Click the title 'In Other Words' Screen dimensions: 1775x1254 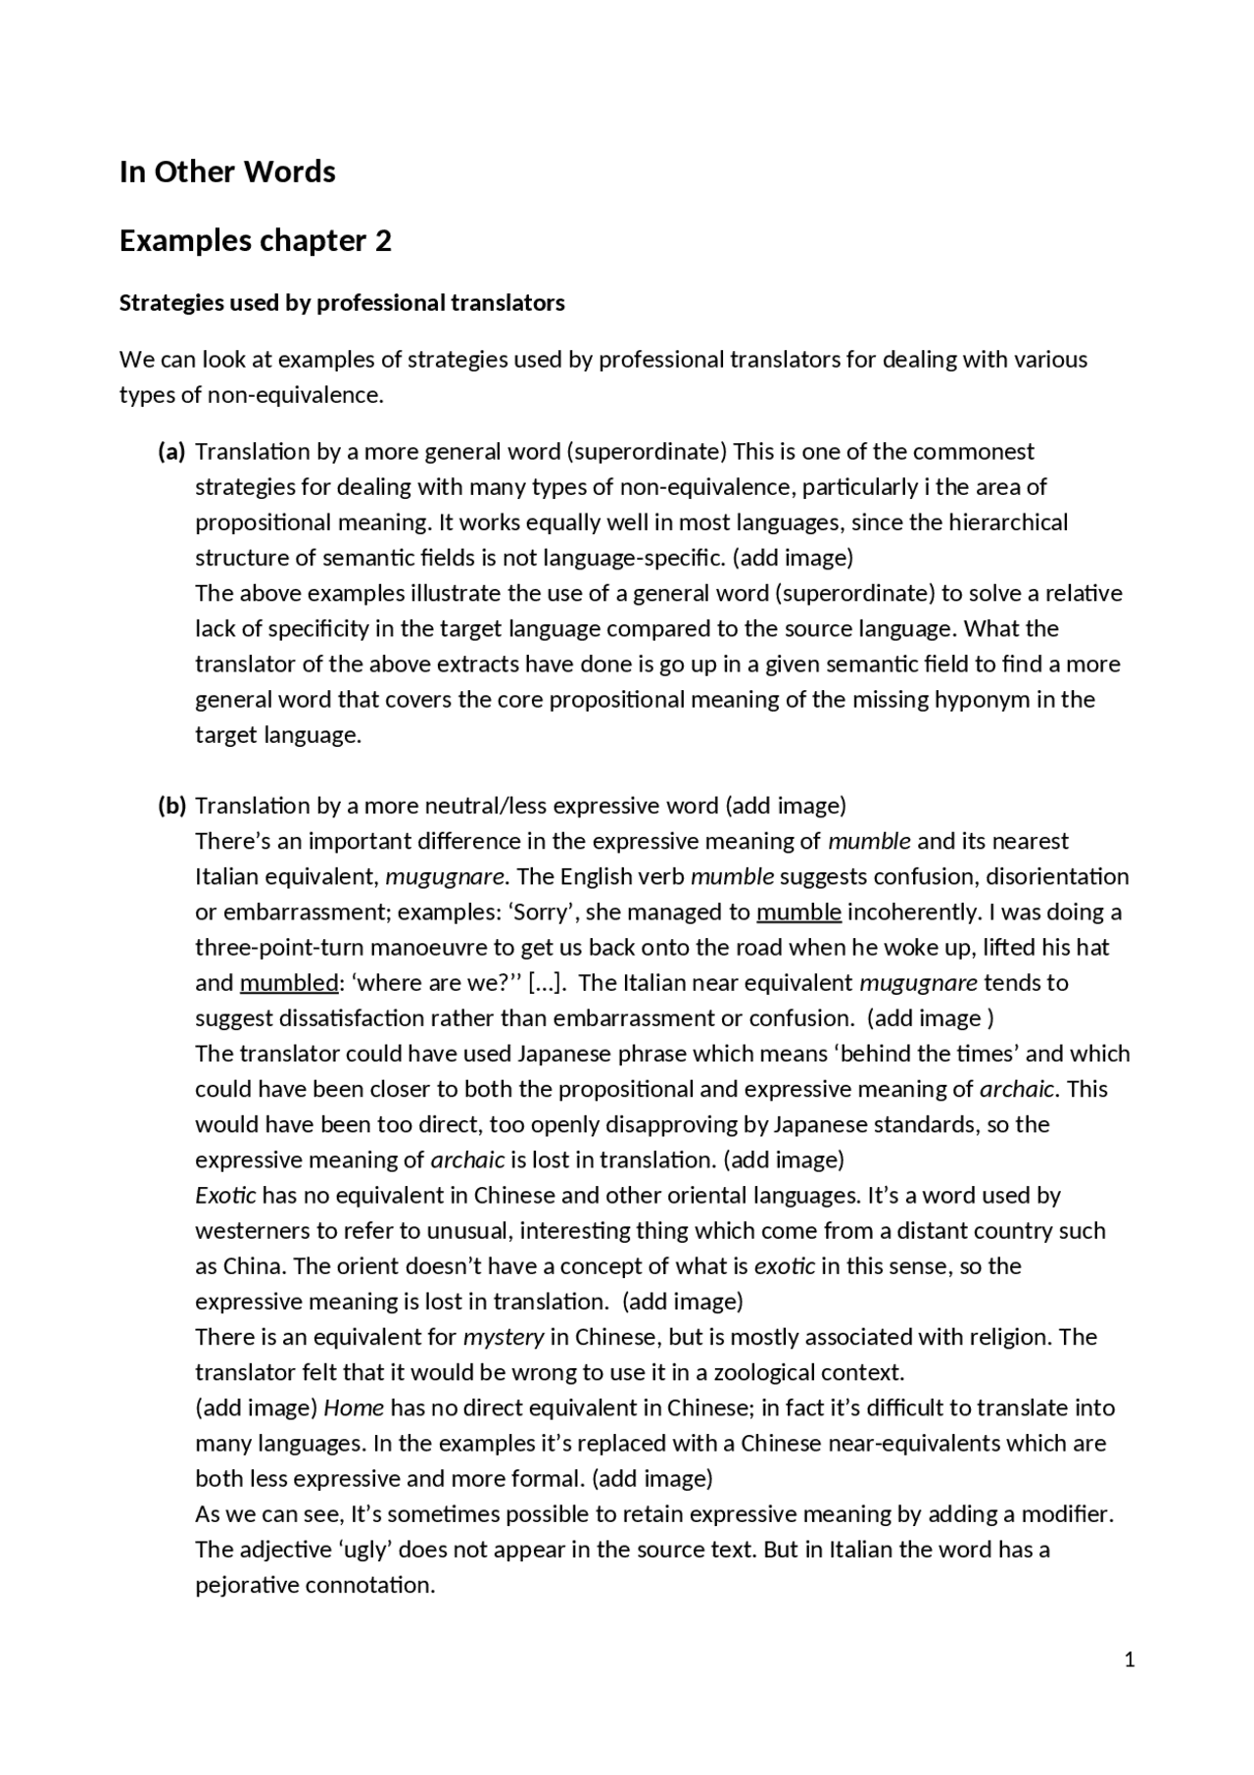[227, 172]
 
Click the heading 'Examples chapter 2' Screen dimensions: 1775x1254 [255, 240]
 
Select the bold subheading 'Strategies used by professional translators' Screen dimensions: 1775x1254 [342, 303]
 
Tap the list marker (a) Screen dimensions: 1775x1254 [171, 452]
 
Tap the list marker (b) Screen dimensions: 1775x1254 [171, 806]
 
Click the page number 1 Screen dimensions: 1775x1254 [1130, 1659]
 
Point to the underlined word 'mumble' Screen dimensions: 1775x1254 [798, 912]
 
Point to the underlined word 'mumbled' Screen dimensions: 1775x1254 [288, 983]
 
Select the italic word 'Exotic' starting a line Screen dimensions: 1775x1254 [225, 1196]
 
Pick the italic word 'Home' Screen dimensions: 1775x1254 [354, 1408]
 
